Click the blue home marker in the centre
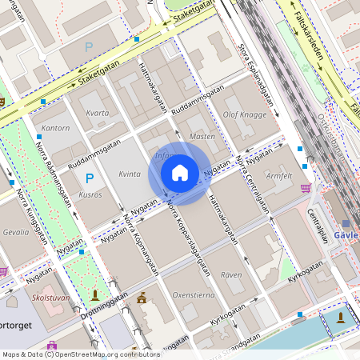pos(180,173)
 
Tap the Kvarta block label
pos(97,113)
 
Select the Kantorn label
pos(55,128)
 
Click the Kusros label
pos(90,195)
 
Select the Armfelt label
pos(279,175)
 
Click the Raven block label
pos(230,274)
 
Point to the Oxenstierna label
pos(194,294)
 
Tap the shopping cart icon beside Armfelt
pos(305,188)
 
